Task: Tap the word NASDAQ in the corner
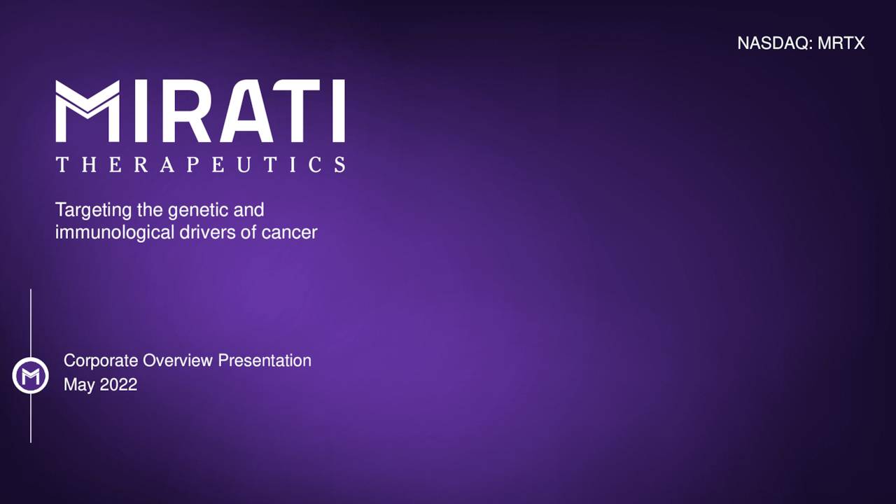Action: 774,43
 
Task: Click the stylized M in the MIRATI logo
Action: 87,111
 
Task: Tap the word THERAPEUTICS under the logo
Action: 200,164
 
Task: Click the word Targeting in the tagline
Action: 87,209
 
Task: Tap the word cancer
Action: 289,233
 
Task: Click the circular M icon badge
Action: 31,376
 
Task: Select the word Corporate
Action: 101,360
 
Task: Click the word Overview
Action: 178,360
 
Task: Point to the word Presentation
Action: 265,360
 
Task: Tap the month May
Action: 78,385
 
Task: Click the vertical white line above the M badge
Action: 31,322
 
